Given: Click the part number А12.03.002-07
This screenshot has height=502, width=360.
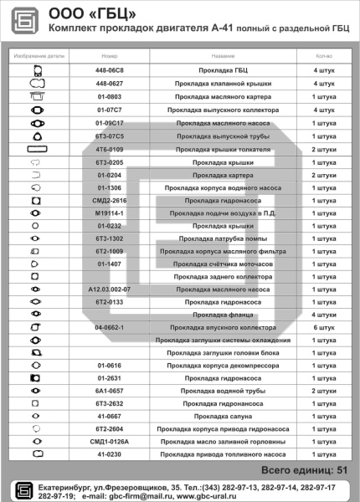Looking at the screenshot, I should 110,289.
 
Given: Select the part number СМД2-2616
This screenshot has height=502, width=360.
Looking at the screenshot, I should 110,201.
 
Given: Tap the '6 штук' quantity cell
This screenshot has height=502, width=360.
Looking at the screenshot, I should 324,327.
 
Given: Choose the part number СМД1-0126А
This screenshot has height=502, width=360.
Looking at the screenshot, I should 110,441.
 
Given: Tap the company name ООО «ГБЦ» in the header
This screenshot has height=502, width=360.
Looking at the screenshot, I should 94,13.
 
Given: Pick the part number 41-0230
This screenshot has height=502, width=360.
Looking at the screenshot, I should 110,453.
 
